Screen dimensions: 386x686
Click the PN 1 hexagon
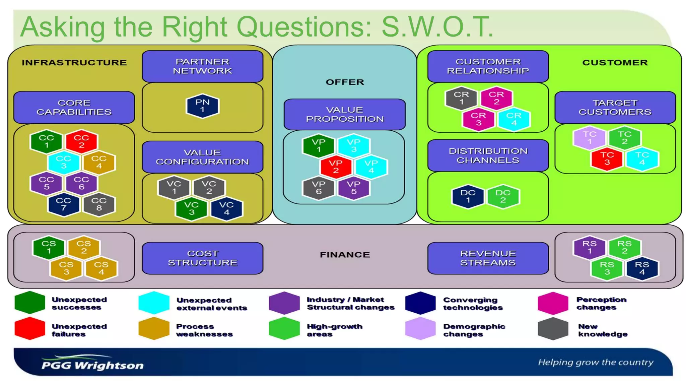tap(202, 106)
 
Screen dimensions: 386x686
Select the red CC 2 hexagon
tap(81, 141)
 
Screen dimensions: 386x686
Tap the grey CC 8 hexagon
tap(99, 204)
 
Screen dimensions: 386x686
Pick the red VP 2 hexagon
tap(336, 167)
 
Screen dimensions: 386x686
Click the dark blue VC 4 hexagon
tap(226, 208)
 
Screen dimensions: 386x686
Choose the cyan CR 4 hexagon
tap(514, 119)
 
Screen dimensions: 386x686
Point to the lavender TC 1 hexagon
tap(590, 138)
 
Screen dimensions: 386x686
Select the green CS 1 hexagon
tap(49, 247)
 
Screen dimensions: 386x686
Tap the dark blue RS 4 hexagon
tap(642, 268)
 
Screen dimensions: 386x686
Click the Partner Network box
tap(202, 66)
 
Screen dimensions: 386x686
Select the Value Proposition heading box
tap(345, 114)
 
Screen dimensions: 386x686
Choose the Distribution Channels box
tap(488, 155)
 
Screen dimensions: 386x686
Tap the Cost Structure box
tap(202, 258)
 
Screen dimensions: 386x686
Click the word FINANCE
tap(345, 255)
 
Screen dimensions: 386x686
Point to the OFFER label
tap(345, 82)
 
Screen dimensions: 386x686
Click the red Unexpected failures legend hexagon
tap(30, 329)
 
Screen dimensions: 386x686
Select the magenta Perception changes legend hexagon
tap(553, 303)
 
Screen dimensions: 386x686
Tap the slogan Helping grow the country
tap(596, 362)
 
